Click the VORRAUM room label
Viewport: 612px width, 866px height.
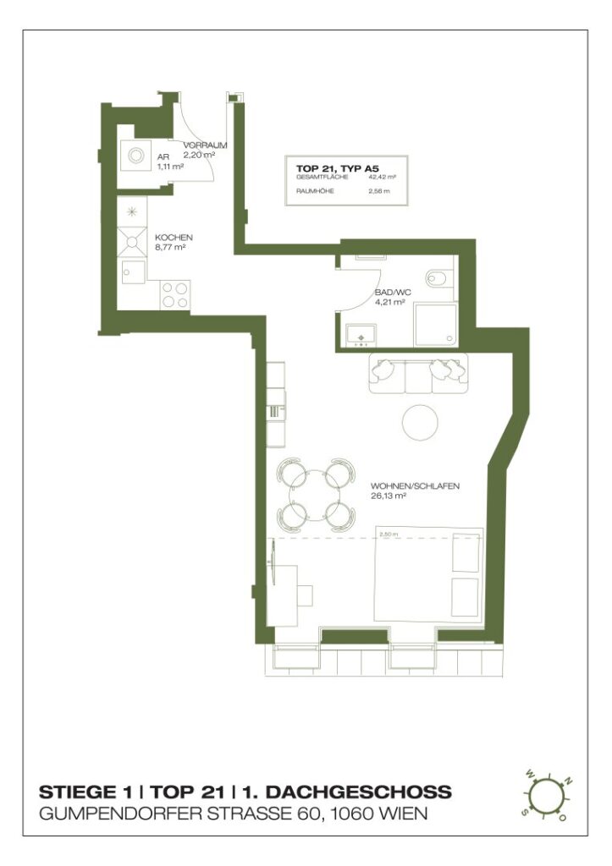point(205,145)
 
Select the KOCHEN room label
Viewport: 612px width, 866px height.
point(174,238)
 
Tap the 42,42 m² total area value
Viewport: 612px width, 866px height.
point(383,177)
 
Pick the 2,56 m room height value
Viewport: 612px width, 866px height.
point(380,191)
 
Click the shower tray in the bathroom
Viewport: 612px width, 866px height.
point(435,325)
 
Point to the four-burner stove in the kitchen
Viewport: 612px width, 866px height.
point(175,295)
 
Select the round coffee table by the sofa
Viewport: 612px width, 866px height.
point(420,421)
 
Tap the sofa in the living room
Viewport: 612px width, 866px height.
point(419,373)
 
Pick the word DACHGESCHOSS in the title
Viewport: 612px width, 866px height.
point(347,792)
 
